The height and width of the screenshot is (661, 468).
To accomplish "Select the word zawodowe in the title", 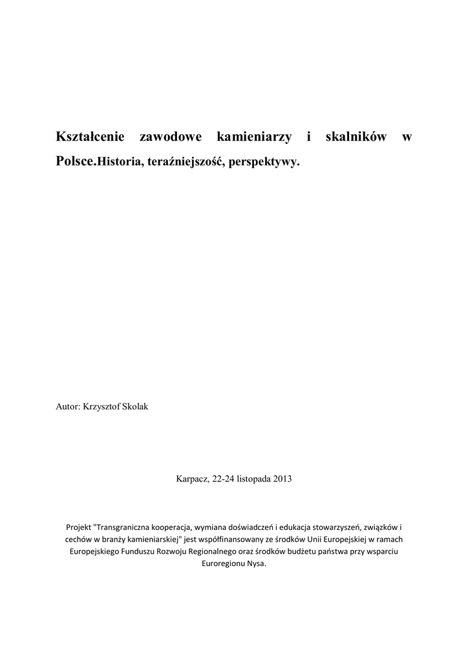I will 171,137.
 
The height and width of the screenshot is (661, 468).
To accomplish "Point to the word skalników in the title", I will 356,137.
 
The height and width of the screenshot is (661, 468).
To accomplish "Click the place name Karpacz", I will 192,479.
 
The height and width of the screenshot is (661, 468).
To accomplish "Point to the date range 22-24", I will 223,479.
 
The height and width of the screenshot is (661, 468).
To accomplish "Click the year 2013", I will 282,479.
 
